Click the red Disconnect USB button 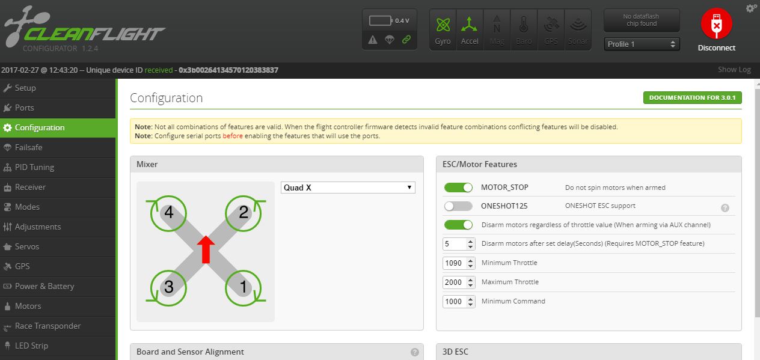[716, 23]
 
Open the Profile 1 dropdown [642, 44]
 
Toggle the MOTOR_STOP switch [458, 188]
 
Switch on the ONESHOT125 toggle [458, 206]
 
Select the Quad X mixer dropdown [348, 188]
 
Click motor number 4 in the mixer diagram [168, 213]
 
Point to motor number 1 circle [244, 288]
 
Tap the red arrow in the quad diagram [206, 249]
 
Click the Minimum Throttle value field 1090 [458, 263]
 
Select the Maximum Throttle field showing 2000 [458, 282]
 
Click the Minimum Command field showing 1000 [458, 301]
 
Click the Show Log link [734, 70]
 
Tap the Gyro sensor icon [443, 30]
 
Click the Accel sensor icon [470, 30]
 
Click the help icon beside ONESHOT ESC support [725, 208]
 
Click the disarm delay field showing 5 [458, 244]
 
